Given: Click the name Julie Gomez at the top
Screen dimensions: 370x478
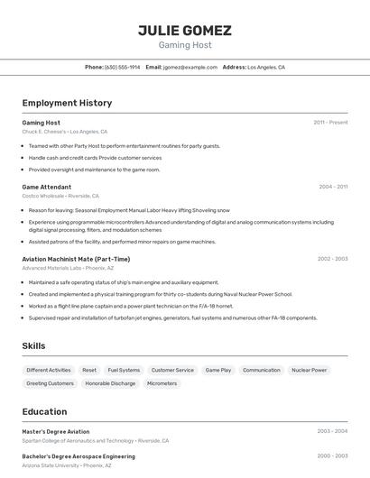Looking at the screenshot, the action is coord(184,31).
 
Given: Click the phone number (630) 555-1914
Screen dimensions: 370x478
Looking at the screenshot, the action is coord(122,68).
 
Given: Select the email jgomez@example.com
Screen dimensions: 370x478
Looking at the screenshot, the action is coord(190,68).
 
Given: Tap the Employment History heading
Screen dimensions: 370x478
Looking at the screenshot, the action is coord(67,103).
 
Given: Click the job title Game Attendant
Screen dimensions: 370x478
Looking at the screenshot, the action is coord(47,187).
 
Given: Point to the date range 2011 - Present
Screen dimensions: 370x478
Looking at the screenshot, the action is coord(330,123).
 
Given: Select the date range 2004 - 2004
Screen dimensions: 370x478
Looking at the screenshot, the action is coord(333,187).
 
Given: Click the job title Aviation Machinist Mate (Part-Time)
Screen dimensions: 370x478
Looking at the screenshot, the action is coord(76,259).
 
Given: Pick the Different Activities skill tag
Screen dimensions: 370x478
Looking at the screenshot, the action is coord(49,370).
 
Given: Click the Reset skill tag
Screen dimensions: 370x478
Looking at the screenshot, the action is coord(89,370).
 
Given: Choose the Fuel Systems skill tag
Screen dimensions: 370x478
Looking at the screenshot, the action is coord(124,370).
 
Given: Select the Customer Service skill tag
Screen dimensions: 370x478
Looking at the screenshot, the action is coord(172,370).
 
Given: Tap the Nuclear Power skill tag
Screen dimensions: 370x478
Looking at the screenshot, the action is coord(310,370).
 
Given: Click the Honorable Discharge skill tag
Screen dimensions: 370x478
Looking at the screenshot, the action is coord(110,383).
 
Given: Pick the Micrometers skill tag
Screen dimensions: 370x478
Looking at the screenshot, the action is coord(162,383).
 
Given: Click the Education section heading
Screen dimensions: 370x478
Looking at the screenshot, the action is coord(45,411).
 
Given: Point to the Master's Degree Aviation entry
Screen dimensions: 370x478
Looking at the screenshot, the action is coord(56,432).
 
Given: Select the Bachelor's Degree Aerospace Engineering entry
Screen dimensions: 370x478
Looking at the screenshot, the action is coord(79,456).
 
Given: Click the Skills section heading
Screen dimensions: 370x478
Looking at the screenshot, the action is coord(34,345).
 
